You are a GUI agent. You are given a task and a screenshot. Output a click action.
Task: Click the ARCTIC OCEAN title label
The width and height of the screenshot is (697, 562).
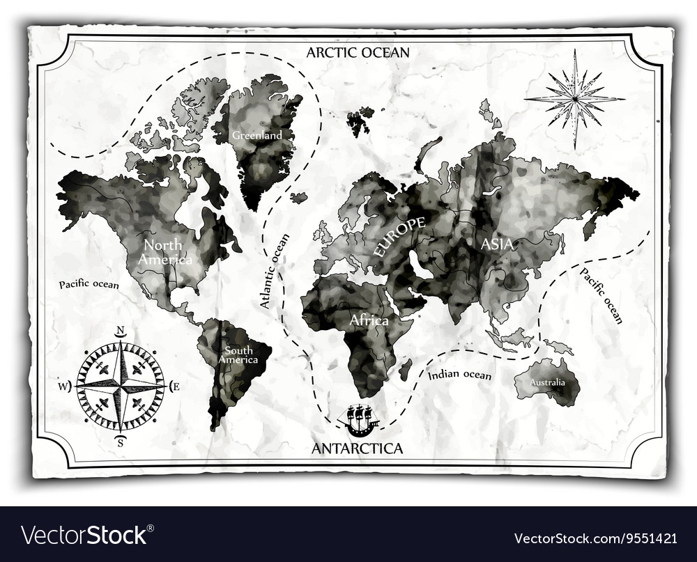358,52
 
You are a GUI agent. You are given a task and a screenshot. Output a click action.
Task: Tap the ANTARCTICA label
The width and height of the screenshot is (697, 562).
357,448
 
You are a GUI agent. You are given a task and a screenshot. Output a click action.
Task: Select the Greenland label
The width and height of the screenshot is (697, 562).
257,135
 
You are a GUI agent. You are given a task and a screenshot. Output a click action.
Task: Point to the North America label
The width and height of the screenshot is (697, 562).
164,252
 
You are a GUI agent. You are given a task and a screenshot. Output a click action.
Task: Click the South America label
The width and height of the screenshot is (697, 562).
238,355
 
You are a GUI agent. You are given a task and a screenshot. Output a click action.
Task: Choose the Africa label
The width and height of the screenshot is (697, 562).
369,320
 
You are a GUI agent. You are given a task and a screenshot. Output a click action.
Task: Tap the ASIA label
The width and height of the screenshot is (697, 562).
497,244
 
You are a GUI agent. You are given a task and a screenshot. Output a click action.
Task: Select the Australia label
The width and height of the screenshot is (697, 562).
545,383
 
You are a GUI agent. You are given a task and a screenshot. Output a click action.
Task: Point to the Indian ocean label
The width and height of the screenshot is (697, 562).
459,375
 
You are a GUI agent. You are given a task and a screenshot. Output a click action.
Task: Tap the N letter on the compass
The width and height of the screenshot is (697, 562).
120,331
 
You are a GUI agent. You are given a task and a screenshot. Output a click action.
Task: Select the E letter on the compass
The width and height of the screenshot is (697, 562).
175,386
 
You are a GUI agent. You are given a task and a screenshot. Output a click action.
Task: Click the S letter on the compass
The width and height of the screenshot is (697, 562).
120,440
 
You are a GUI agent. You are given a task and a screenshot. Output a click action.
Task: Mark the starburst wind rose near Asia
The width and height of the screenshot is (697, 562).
574,98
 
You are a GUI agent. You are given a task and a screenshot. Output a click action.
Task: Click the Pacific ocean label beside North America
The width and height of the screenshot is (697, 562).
89,284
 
